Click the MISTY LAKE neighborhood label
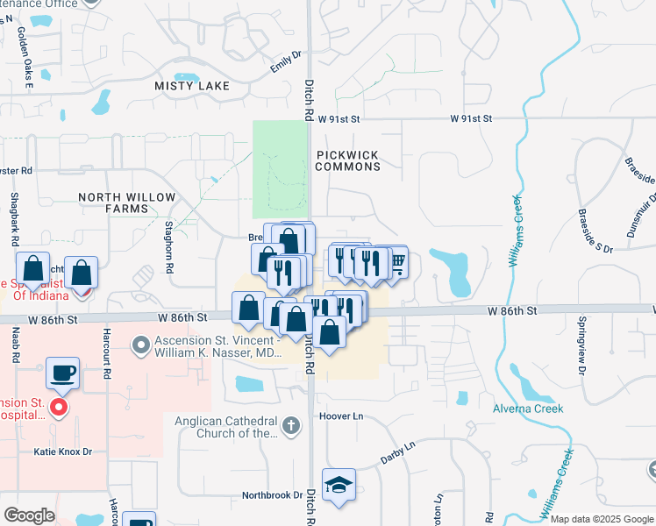pyautogui.click(x=191, y=86)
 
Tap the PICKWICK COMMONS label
pyautogui.click(x=346, y=160)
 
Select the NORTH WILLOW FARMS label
pyautogui.click(x=126, y=203)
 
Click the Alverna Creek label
pyautogui.click(x=552, y=409)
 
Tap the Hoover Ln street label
pyautogui.click(x=340, y=416)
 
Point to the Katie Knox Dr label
pyautogui.click(x=62, y=451)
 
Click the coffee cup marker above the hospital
pyautogui.click(x=62, y=373)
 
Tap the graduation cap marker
pyautogui.click(x=338, y=487)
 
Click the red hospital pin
pyautogui.click(x=59, y=407)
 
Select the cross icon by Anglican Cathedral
pyautogui.click(x=292, y=426)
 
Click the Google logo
pyautogui.click(x=30, y=515)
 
